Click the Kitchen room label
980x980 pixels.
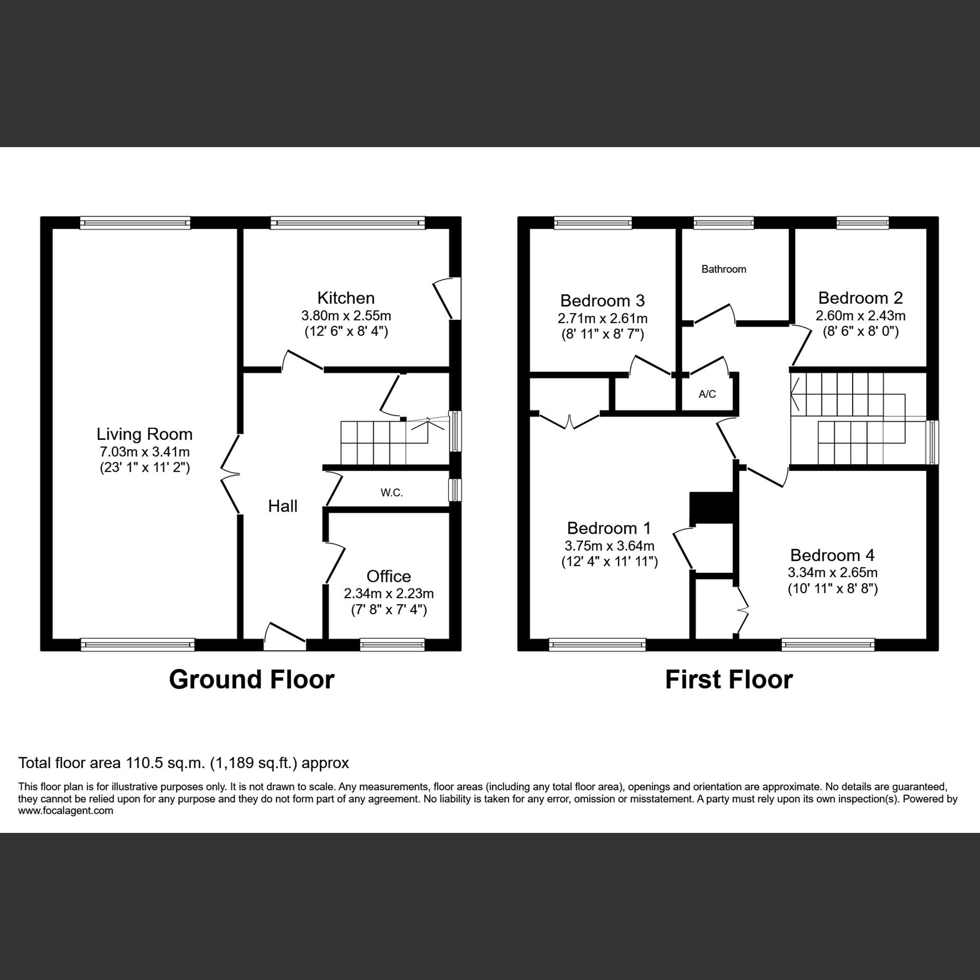coord(346,298)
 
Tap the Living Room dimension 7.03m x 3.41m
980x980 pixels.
coord(145,451)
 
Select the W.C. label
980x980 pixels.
coord(392,493)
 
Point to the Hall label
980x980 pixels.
coord(283,506)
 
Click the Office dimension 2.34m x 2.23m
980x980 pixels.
coord(389,593)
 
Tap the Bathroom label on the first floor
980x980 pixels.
coord(723,269)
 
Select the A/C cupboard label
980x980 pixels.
coord(707,394)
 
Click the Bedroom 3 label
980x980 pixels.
coord(602,301)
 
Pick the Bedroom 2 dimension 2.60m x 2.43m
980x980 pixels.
coord(860,315)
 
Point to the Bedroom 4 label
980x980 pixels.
coord(832,555)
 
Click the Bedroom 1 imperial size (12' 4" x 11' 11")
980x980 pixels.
coord(609,562)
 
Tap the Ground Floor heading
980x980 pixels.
coord(252,680)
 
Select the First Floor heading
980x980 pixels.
coord(728,680)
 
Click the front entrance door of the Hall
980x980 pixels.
coord(285,637)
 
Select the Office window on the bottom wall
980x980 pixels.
coord(392,644)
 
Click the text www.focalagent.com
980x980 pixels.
coord(66,810)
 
